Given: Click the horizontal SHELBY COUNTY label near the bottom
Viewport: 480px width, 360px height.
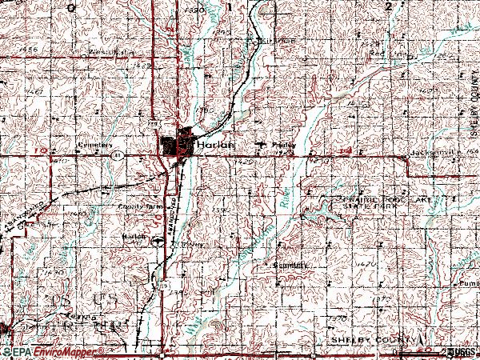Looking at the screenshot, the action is pos(361,340).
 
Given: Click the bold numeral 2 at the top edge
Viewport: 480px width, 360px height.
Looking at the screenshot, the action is pos(389,6).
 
